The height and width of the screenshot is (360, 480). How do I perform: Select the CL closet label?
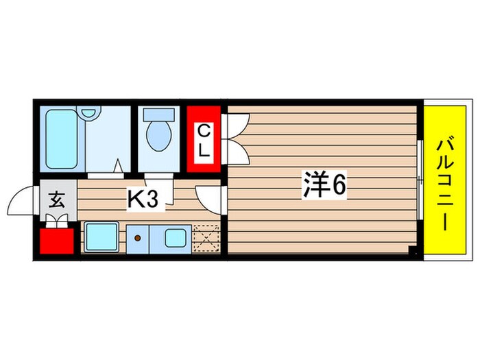coord(204,141)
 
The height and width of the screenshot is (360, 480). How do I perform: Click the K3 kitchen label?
coord(145,200)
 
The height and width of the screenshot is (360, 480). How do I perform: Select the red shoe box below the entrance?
coord(56,240)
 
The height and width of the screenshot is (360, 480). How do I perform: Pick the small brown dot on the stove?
coord(137,239)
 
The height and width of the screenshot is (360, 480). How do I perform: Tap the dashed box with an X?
coord(206,237)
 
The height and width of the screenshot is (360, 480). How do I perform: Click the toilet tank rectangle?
coord(159,115)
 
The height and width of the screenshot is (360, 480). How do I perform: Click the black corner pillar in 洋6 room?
coord(413,251)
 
